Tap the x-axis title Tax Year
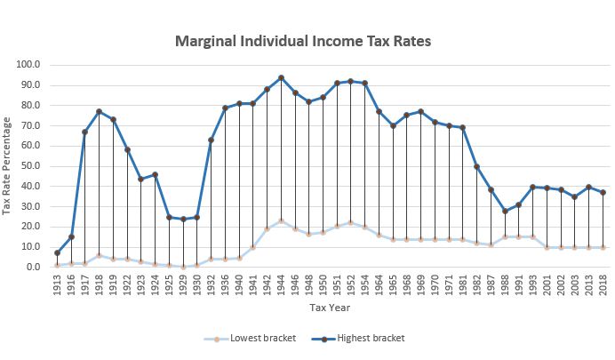(330, 308)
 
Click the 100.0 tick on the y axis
(29, 65)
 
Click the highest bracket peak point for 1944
(281, 77)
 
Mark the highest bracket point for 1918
(99, 111)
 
